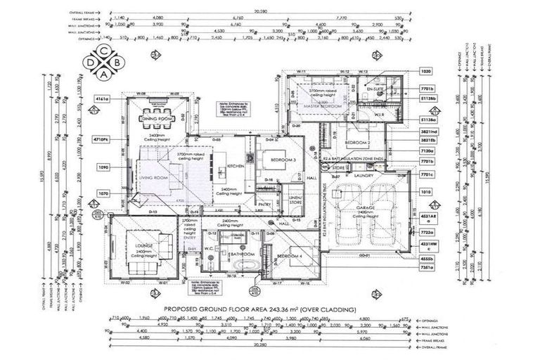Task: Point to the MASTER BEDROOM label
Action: coord(322,106)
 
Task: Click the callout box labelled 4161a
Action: coord(101,100)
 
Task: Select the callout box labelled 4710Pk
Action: coord(101,140)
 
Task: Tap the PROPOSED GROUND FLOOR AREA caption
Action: coord(259,309)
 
